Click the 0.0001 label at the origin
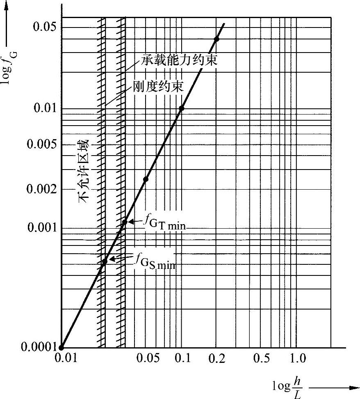pos(30,347)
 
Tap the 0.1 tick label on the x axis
pos(183,358)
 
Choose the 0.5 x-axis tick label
pos(262,358)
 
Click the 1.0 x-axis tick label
pos(297,358)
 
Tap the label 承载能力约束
pos(179,62)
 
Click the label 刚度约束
pos(158,87)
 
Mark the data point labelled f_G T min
pos(125,222)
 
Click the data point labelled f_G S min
pos(105,261)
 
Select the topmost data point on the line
pos(216,39)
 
